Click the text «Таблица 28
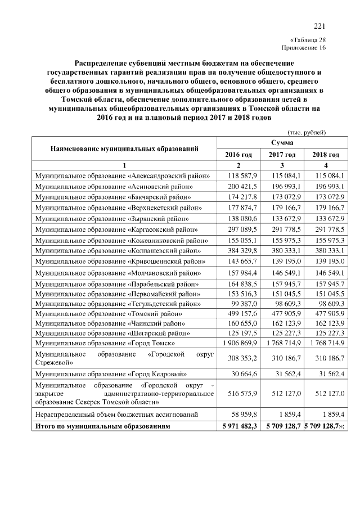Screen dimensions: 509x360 pyautogui.click(x=308, y=39)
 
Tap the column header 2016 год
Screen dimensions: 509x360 pyautogui.click(x=238, y=155)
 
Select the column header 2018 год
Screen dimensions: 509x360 pyautogui.click(x=325, y=155)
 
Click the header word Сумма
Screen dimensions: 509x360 pyautogui.click(x=282, y=143)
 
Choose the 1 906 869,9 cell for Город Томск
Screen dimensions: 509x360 pyautogui.click(x=239, y=343)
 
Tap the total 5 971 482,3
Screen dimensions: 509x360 pyautogui.click(x=239, y=427)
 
